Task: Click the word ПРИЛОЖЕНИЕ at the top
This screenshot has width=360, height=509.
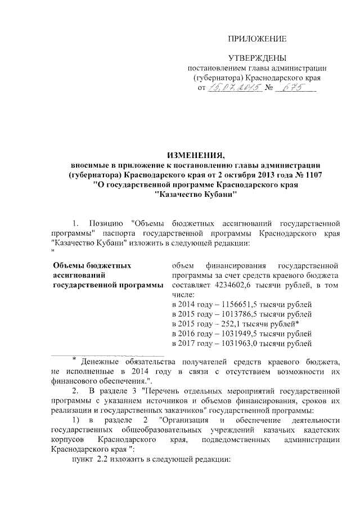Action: coord(257,39)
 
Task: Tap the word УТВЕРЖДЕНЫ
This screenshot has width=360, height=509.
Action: coord(257,58)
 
